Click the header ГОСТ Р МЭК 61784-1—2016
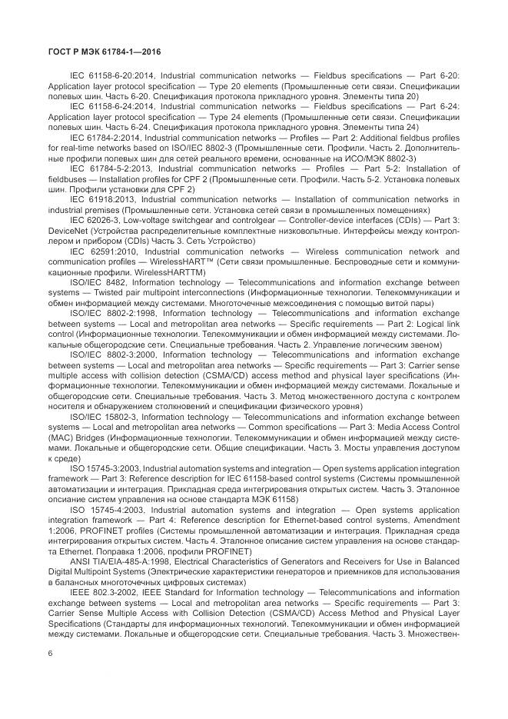point(99,52)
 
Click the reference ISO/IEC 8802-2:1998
point(112,313)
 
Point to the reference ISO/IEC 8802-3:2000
point(112,355)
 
